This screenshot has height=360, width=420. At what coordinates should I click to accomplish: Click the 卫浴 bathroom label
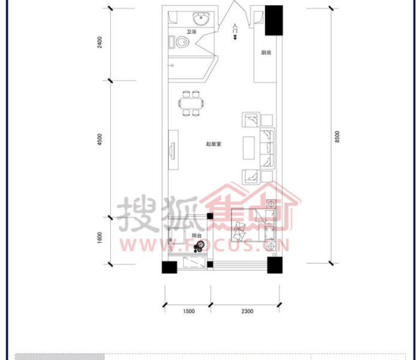pos(191,32)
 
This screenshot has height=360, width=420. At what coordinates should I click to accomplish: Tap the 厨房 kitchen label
pos(266,53)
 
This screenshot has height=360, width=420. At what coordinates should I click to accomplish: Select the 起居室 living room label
pos(214,144)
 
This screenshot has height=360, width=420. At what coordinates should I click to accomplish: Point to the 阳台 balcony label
pos(197,235)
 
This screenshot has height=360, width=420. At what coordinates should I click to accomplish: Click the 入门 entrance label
pos(235,29)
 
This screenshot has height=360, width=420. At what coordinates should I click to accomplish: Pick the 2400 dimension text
pos(100,43)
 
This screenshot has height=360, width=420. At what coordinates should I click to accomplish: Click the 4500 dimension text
pos(100,140)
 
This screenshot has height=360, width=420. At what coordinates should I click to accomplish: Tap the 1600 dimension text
pos(100,238)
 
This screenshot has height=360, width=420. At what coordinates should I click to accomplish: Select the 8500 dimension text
pos(337,137)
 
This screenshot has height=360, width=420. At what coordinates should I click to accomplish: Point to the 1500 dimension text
pos(189,311)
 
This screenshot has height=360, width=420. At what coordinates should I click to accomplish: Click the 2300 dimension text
pos(247,311)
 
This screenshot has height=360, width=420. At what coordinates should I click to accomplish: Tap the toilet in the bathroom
pos(179,42)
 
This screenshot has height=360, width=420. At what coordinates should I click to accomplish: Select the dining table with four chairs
pos(191,103)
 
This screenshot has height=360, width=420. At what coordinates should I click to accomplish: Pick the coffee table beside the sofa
pos(249,148)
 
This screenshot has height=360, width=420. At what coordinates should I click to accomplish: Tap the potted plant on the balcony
pos(199,246)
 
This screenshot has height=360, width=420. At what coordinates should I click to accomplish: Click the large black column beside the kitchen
pos(274,20)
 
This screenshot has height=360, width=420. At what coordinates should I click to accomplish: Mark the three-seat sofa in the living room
pos(267,148)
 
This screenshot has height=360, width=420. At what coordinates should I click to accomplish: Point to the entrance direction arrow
pos(235,37)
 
